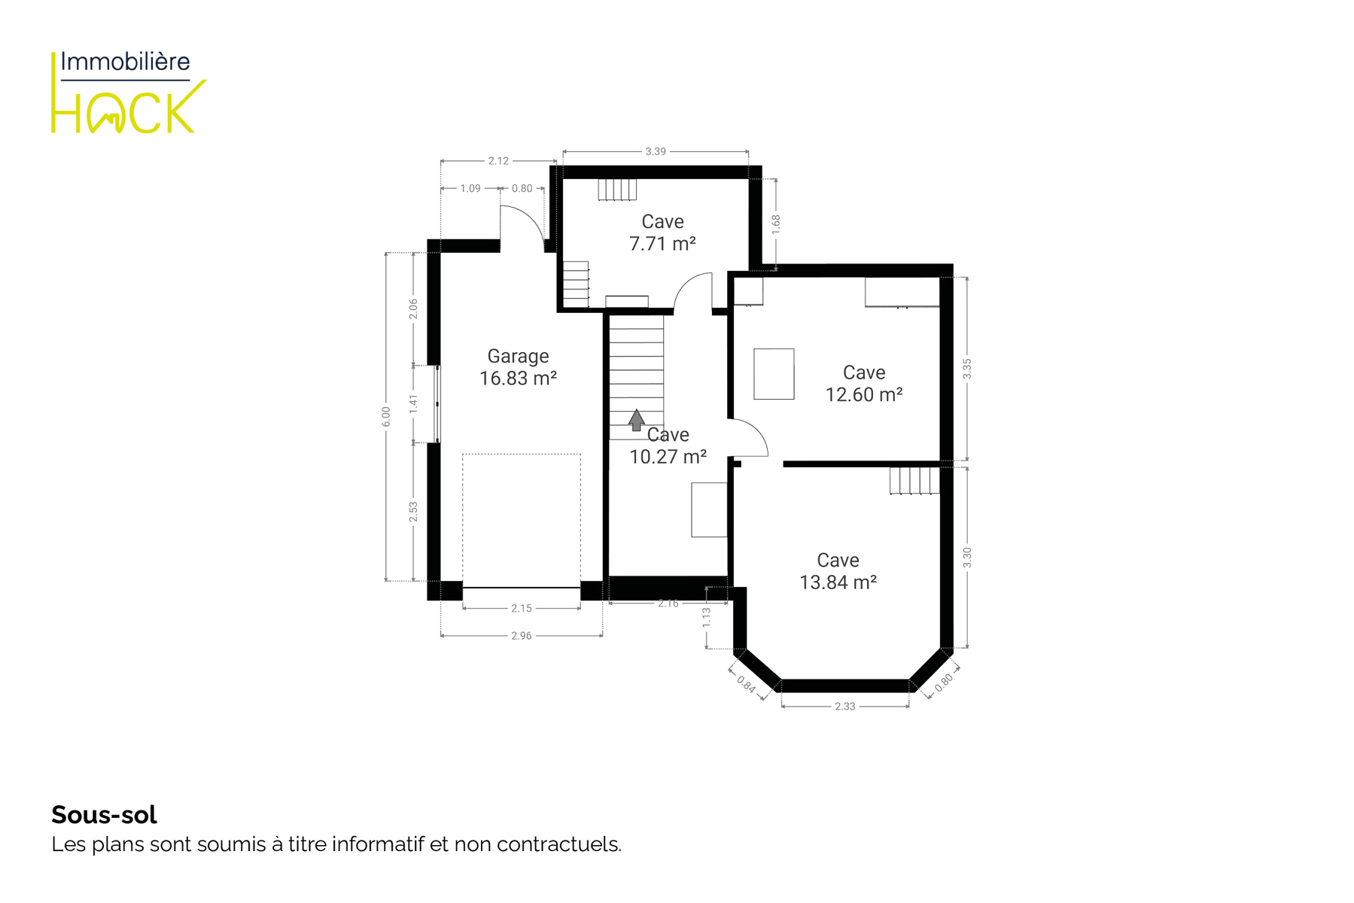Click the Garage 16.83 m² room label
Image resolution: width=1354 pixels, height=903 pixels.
click(x=518, y=367)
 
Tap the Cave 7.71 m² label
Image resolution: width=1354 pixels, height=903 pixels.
click(x=662, y=233)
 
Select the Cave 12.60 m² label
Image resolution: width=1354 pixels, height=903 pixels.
click(x=864, y=384)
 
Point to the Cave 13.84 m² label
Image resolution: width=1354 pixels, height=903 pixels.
click(x=838, y=571)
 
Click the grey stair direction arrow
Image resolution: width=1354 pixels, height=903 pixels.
click(x=637, y=420)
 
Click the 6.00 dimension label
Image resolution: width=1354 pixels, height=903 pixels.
click(x=386, y=417)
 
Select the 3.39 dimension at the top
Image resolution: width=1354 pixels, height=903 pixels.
click(x=656, y=151)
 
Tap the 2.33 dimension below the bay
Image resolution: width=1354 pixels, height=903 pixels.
click(x=845, y=706)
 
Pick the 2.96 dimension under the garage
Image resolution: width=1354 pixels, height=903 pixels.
click(x=522, y=636)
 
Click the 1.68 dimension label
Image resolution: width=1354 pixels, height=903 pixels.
click(x=776, y=224)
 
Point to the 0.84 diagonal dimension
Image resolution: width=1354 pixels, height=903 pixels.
click(x=746, y=684)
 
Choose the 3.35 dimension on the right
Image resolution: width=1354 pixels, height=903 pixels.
click(x=967, y=369)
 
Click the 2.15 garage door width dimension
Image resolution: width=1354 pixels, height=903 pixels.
click(x=522, y=608)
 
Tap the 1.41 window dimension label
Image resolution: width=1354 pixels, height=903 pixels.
click(x=413, y=404)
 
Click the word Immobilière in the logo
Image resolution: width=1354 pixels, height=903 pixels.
click(x=125, y=62)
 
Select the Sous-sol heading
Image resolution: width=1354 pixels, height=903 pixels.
click(x=104, y=814)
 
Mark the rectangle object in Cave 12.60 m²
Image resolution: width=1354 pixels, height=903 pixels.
click(x=774, y=374)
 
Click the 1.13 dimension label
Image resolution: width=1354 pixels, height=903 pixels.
click(x=706, y=618)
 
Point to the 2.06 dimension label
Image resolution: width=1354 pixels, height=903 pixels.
click(x=413, y=309)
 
